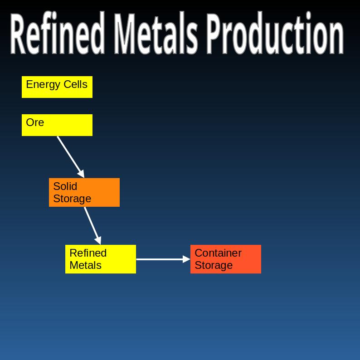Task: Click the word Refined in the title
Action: tap(57, 34)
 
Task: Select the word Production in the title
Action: tap(275, 34)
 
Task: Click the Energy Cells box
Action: tap(57, 87)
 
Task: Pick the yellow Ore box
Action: tap(57, 125)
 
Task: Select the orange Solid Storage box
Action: tap(84, 192)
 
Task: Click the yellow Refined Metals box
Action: tap(101, 259)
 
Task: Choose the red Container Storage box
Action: tap(226, 259)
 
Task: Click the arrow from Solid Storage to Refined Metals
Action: tap(92, 224)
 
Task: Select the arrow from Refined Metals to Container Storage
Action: tap(161, 259)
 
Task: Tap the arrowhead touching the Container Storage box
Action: tap(186, 259)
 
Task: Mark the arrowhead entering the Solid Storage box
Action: tap(81, 174)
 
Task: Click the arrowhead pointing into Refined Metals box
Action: tap(98, 240)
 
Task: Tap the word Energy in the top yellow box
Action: tap(43, 85)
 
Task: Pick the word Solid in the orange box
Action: tap(65, 186)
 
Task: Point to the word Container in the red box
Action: tap(218, 253)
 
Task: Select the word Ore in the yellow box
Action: tap(35, 122)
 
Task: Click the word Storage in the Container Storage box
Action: tap(214, 265)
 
